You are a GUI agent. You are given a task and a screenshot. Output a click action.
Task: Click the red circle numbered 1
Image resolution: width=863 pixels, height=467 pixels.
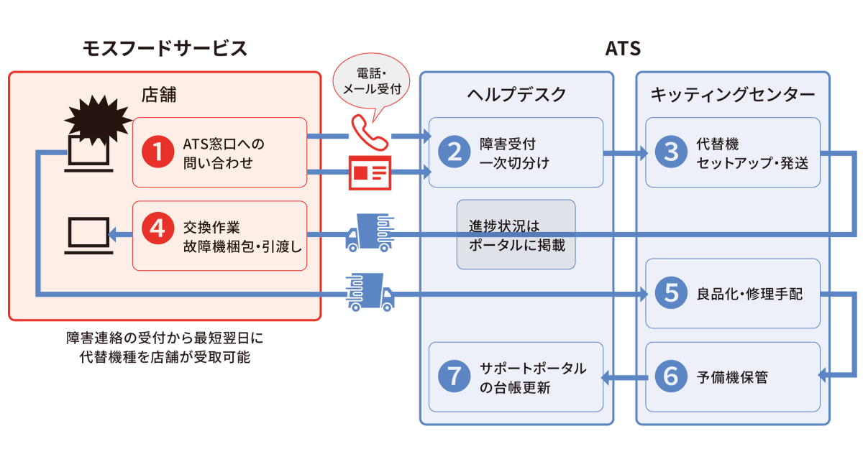coord(155,152)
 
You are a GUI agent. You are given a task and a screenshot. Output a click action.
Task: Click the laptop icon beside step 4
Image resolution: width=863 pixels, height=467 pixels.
coord(88,236)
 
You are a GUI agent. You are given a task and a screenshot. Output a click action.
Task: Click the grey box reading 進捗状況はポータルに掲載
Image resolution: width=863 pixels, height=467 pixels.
coord(516,234)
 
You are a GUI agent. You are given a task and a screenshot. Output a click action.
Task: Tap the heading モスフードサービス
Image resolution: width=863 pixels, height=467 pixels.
coord(165,48)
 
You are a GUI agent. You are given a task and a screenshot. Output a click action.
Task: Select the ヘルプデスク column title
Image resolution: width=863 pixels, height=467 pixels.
coord(516,94)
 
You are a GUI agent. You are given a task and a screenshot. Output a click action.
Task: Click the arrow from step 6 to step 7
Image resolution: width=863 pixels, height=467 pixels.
coord(625,376)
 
